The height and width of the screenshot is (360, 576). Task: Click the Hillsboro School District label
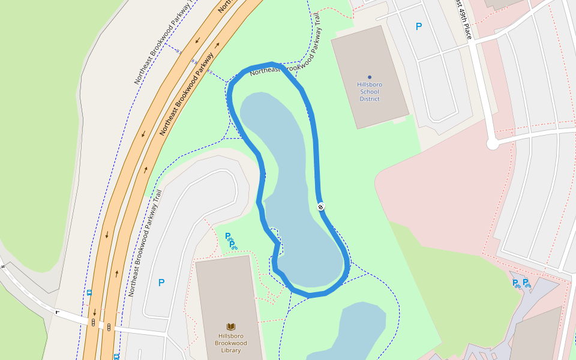(x=370, y=92)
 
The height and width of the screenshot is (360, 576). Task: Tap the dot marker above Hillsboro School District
(x=370, y=77)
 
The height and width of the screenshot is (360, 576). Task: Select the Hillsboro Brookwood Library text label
(x=231, y=343)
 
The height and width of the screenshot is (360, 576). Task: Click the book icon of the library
(x=231, y=326)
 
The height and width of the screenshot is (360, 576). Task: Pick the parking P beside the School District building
(x=419, y=26)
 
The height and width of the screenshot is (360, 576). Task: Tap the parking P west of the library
(x=161, y=283)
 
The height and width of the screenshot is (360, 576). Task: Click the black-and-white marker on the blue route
(x=321, y=207)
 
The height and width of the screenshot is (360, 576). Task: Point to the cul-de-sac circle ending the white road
(x=493, y=144)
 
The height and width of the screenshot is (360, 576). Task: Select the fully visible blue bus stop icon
(x=89, y=293)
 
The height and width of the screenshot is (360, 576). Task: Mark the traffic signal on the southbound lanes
(x=94, y=322)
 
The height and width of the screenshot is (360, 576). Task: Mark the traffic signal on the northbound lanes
(x=109, y=328)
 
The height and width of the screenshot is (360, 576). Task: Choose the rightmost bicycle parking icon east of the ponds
(x=526, y=283)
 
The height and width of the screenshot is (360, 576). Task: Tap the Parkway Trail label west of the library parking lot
(x=145, y=243)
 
